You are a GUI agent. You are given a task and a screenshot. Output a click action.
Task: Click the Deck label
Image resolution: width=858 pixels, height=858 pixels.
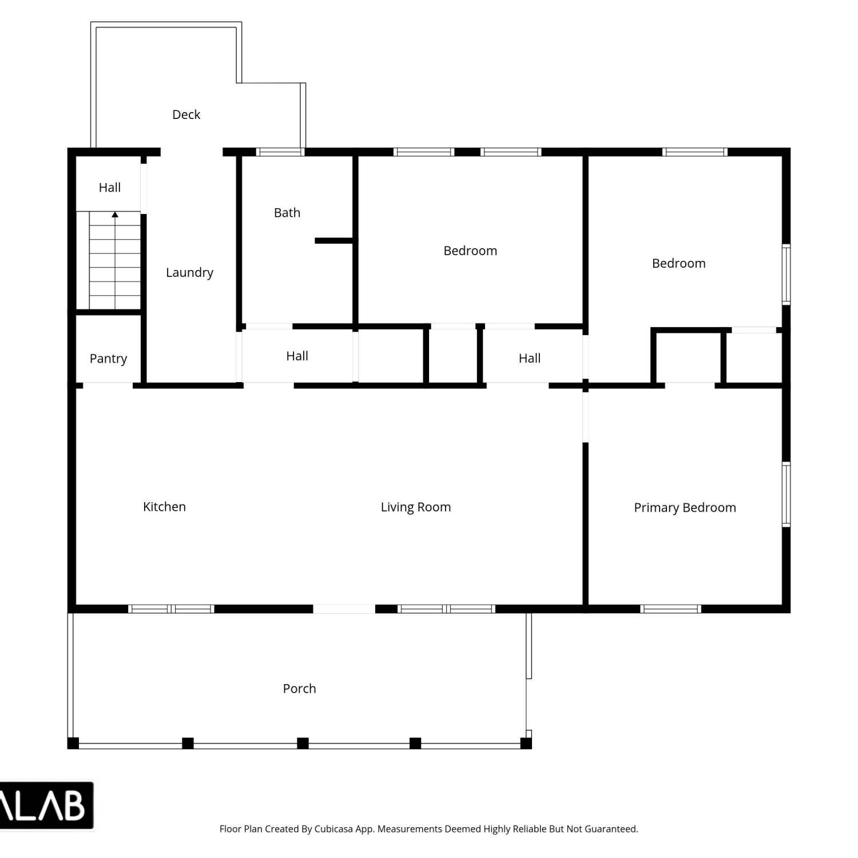click(x=186, y=114)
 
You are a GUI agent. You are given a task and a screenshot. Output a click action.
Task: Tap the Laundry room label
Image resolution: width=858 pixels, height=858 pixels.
click(x=189, y=273)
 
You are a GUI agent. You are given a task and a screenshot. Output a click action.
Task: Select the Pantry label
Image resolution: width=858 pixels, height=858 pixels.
click(x=108, y=359)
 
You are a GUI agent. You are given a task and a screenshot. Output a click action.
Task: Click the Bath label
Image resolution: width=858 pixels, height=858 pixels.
click(x=287, y=213)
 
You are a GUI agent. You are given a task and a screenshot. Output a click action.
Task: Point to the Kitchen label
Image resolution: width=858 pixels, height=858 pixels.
click(x=164, y=507)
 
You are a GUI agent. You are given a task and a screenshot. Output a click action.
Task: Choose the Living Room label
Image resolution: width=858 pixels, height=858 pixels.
click(x=416, y=507)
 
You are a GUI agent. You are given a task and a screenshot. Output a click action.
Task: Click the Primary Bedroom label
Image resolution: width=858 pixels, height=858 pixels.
click(x=685, y=508)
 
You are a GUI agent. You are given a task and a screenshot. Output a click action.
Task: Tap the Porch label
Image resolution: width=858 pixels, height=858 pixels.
click(x=299, y=689)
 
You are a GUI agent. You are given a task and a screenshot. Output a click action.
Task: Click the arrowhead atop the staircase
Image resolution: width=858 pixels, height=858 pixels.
click(x=115, y=215)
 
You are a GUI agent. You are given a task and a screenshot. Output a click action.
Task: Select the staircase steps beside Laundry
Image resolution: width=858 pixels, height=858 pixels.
click(x=115, y=260)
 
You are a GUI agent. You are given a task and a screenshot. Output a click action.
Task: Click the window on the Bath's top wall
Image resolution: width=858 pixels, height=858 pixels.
click(x=280, y=152)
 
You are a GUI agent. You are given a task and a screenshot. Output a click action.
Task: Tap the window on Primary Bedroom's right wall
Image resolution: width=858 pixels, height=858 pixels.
click(x=786, y=494)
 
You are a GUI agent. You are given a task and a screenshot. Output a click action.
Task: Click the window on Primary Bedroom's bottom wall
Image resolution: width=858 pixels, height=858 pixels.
click(x=671, y=609)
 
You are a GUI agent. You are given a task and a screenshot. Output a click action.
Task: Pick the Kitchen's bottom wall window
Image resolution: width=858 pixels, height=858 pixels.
click(x=171, y=609)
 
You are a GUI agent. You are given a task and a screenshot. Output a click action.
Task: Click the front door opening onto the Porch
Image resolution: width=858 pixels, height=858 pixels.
click(x=344, y=609)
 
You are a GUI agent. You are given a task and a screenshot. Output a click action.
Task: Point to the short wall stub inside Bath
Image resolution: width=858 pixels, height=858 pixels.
click(x=334, y=241)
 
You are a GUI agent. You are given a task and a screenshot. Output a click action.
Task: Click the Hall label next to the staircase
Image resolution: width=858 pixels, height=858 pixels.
click(x=110, y=188)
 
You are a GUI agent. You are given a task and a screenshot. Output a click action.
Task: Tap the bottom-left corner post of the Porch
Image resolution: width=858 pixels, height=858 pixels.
click(x=73, y=744)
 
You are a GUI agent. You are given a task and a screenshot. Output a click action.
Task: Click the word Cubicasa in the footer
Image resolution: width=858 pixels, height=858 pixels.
click(x=333, y=829)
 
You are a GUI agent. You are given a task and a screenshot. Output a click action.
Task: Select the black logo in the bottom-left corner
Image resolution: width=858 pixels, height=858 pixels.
click(x=46, y=805)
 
